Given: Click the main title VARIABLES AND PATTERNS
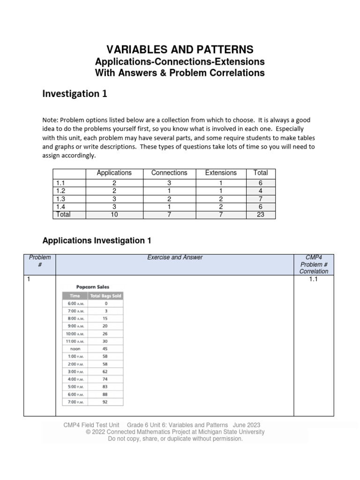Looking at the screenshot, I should point(180,49).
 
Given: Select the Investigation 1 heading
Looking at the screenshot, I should point(75,94).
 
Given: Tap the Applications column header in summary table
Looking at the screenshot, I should point(114,173).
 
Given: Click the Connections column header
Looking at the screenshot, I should point(169,173).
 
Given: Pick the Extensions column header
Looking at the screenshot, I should point(221,173).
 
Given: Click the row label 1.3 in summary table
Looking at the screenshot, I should point(60,199).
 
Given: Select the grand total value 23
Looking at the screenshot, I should point(260,215).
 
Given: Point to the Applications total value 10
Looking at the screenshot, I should point(114,215).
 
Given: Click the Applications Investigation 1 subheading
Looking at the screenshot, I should point(97,240).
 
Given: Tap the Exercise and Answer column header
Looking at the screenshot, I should point(174,257).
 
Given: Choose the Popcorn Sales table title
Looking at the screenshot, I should point(93,287).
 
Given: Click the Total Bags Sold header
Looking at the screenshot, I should point(105,296).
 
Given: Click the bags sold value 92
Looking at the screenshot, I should point(105,402).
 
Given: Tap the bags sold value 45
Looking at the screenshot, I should point(105,348).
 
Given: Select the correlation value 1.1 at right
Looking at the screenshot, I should point(314,279).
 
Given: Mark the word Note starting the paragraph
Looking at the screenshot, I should point(50,120).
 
